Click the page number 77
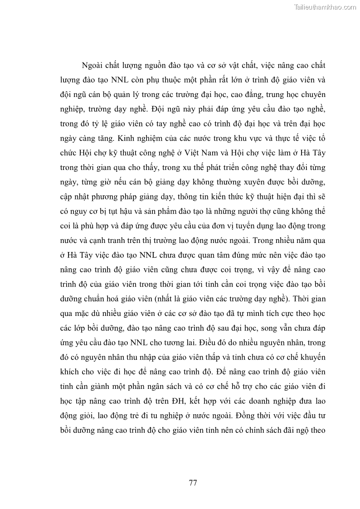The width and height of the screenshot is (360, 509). [x=193, y=482]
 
